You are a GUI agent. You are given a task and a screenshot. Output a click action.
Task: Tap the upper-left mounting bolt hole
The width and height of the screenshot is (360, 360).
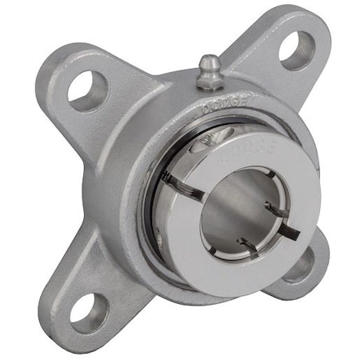click(x=87, y=90)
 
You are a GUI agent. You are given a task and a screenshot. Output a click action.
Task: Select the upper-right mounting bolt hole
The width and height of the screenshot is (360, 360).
click(x=296, y=50)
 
